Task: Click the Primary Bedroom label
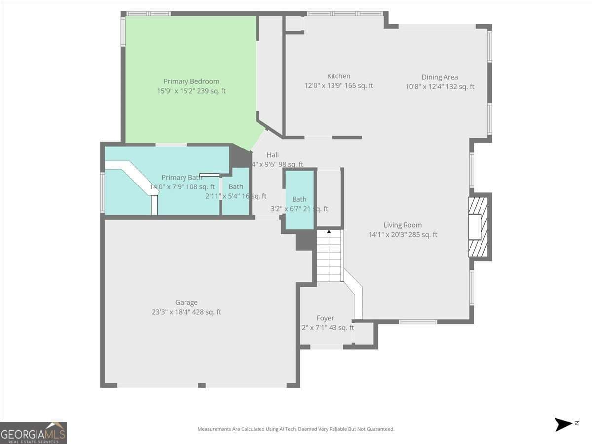click(x=191, y=81)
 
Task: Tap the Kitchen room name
click(x=338, y=76)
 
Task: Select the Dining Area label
click(x=440, y=77)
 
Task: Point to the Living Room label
click(x=403, y=225)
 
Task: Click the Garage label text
click(x=186, y=302)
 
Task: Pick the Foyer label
click(x=325, y=318)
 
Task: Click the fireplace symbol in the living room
click(x=477, y=227)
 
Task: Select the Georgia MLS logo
click(x=34, y=433)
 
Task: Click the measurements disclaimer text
click(x=296, y=429)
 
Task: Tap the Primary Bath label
click(x=181, y=178)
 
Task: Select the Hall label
click(x=272, y=155)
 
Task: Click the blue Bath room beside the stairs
click(x=299, y=199)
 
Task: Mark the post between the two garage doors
click(x=201, y=385)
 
